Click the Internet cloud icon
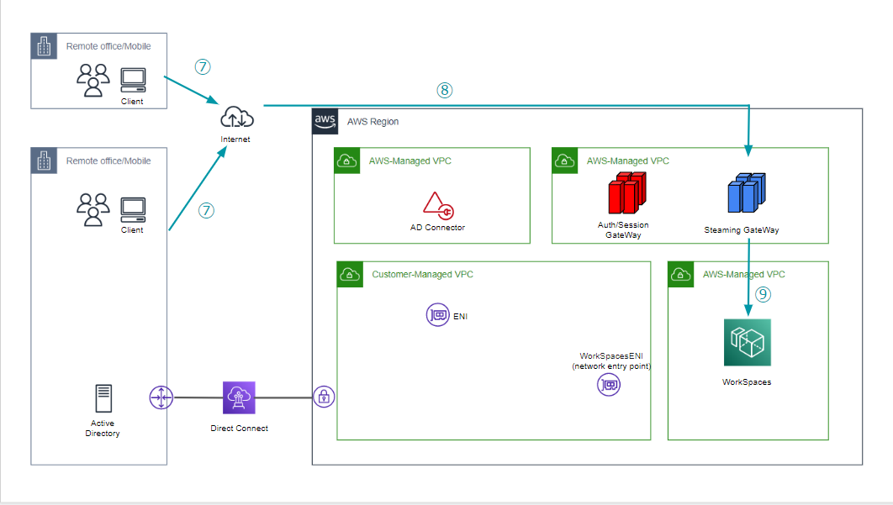pyautogui.click(x=237, y=117)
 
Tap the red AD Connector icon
pyautogui.click(x=438, y=206)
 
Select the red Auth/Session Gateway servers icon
pyautogui.click(x=627, y=193)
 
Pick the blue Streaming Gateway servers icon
pyautogui.click(x=747, y=193)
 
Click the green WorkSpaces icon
pyautogui.click(x=748, y=342)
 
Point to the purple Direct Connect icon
pyautogui.click(x=239, y=397)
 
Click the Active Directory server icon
pyautogui.click(x=103, y=398)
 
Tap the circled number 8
pyautogui.click(x=444, y=90)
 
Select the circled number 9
pyautogui.click(x=763, y=294)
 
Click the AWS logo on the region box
pyautogui.click(x=325, y=121)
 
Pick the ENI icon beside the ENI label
pyautogui.click(x=437, y=315)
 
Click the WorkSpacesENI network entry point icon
pyautogui.click(x=608, y=385)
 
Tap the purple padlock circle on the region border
pyautogui.click(x=324, y=397)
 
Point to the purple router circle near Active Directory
pyautogui.click(x=161, y=397)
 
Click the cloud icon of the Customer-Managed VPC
pyautogui.click(x=350, y=275)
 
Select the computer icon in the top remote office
pyautogui.click(x=133, y=81)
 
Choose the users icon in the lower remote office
pyautogui.click(x=93, y=210)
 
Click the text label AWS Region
pyautogui.click(x=373, y=122)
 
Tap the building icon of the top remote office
pyautogui.click(x=44, y=46)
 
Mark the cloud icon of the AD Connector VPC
pyautogui.click(x=346, y=161)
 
